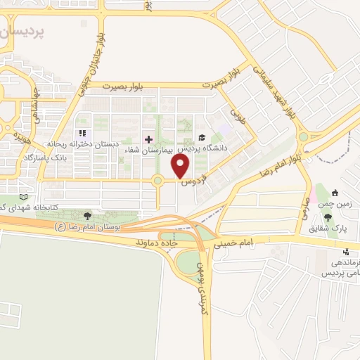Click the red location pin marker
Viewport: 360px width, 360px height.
click(x=181, y=167)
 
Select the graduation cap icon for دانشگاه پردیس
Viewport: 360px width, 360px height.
click(x=201, y=138)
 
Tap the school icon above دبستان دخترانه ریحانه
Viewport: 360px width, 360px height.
click(x=83, y=132)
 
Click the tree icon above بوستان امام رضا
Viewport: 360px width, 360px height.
click(x=87, y=216)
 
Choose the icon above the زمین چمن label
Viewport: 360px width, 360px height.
click(x=335, y=193)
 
